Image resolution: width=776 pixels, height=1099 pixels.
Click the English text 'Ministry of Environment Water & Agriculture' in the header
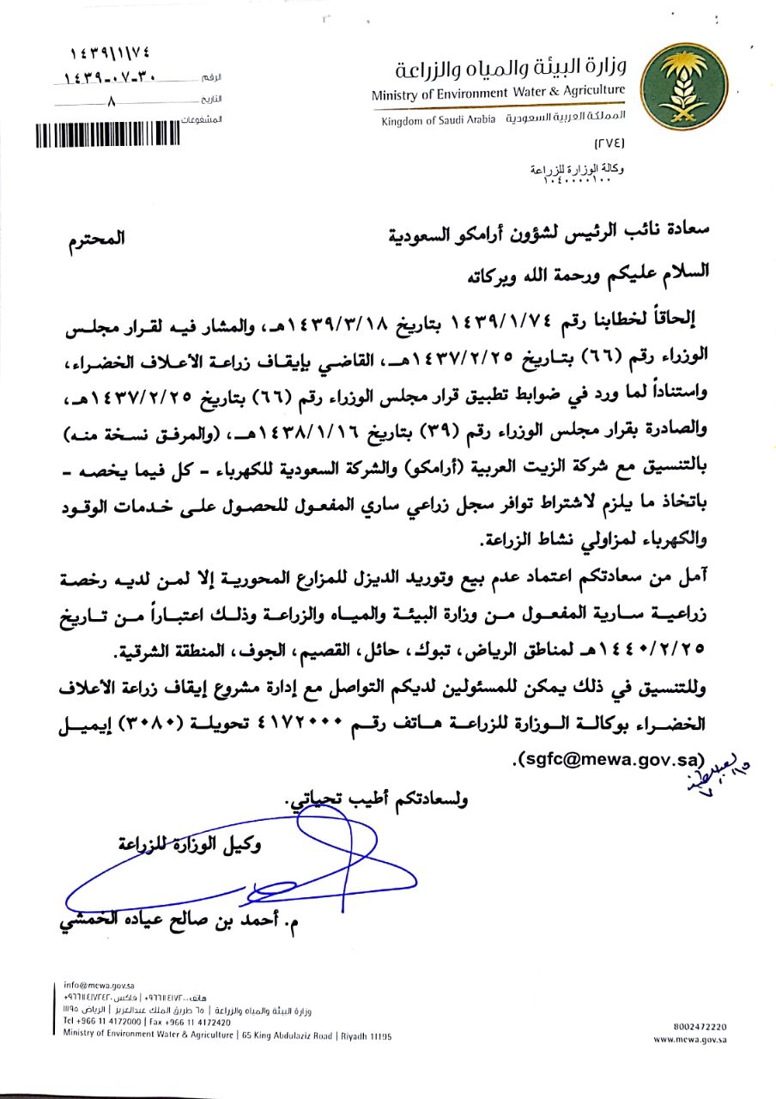pyautogui.click(x=499, y=93)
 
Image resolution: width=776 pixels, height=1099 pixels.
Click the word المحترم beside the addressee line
pyautogui.click(x=96, y=240)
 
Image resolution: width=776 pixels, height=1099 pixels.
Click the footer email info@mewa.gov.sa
pyautogui.click(x=94, y=985)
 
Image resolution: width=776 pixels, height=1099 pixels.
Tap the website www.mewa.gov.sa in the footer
pyautogui.click(x=690, y=1039)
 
